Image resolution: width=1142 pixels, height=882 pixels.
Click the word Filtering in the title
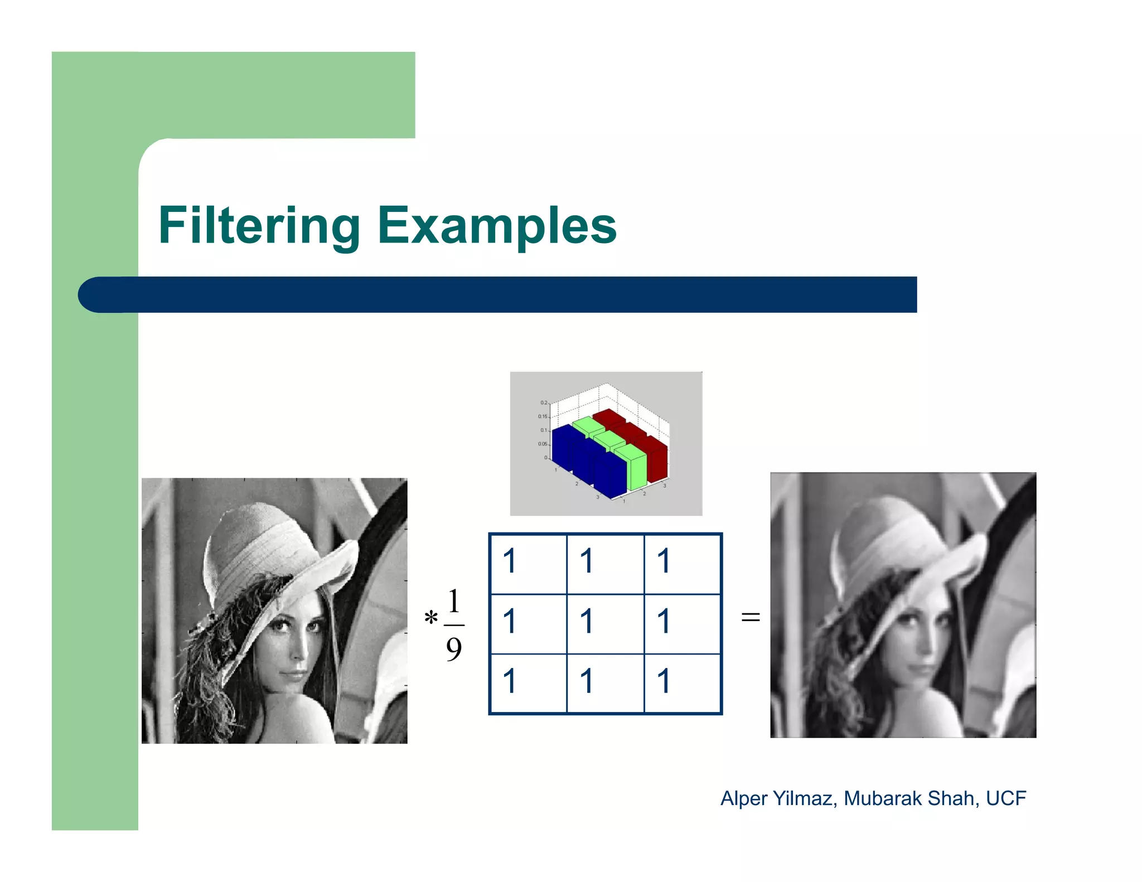click(259, 226)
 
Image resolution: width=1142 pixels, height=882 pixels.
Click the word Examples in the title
click(497, 226)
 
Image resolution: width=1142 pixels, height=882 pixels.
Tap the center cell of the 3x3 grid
click(606, 623)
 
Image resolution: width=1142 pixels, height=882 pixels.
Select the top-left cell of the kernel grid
click(528, 563)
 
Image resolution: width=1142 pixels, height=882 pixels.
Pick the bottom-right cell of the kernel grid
click(683, 684)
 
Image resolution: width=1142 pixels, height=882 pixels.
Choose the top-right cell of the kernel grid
click(683, 563)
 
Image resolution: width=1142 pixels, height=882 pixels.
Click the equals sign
click(751, 617)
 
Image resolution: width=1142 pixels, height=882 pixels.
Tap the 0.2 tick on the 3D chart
click(544, 403)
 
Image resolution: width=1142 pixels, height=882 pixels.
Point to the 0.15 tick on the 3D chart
click(543, 416)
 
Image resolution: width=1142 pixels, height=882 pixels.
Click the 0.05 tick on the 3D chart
click(543, 444)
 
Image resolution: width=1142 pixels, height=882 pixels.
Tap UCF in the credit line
click(1006, 798)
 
